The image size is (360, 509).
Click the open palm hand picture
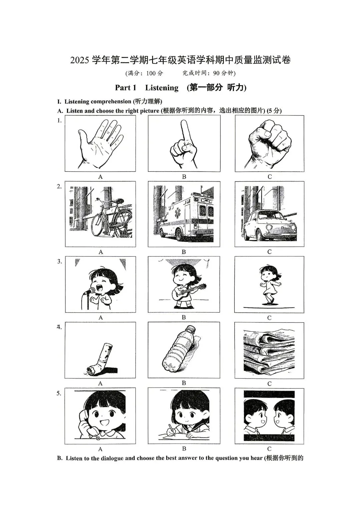coord(100,143)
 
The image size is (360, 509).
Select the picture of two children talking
coord(269,416)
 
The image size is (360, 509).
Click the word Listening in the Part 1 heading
coord(162,88)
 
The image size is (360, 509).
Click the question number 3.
coord(59,261)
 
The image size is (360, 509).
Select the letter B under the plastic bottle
coord(184,383)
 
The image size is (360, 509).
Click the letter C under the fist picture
coord(270,177)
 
